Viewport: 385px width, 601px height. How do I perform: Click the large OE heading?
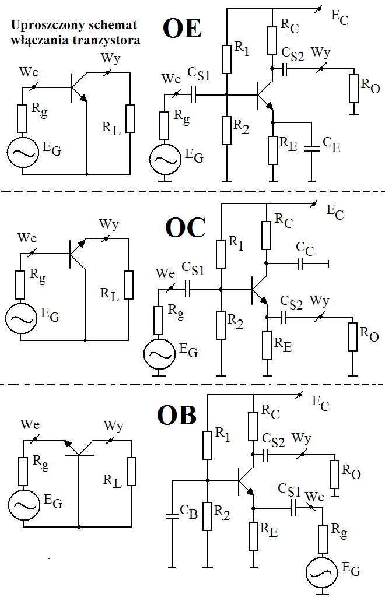click(x=182, y=29)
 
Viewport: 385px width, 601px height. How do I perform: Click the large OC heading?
click(x=185, y=228)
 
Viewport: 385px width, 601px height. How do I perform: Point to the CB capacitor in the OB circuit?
click(x=172, y=515)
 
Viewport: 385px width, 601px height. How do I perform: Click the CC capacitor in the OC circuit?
click(x=301, y=264)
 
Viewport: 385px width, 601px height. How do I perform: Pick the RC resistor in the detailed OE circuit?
click(x=272, y=40)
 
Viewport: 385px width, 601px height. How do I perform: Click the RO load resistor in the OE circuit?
click(x=353, y=88)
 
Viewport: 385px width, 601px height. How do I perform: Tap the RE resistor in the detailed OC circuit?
click(x=267, y=345)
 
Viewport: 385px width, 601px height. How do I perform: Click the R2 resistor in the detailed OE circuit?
click(x=228, y=130)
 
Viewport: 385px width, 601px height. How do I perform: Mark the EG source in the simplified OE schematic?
click(x=22, y=152)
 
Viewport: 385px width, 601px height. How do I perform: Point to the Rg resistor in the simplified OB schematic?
click(x=23, y=471)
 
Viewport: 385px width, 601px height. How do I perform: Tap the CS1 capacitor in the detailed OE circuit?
click(x=194, y=93)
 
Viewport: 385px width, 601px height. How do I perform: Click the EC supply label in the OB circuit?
click(x=321, y=402)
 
